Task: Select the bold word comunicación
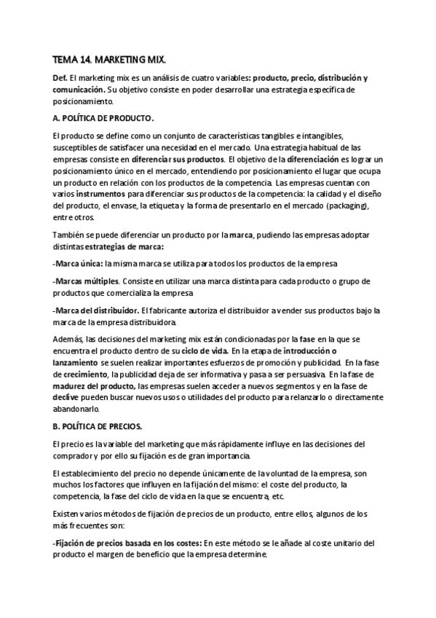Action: [x=78, y=90]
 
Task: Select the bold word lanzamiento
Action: [x=75, y=362]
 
